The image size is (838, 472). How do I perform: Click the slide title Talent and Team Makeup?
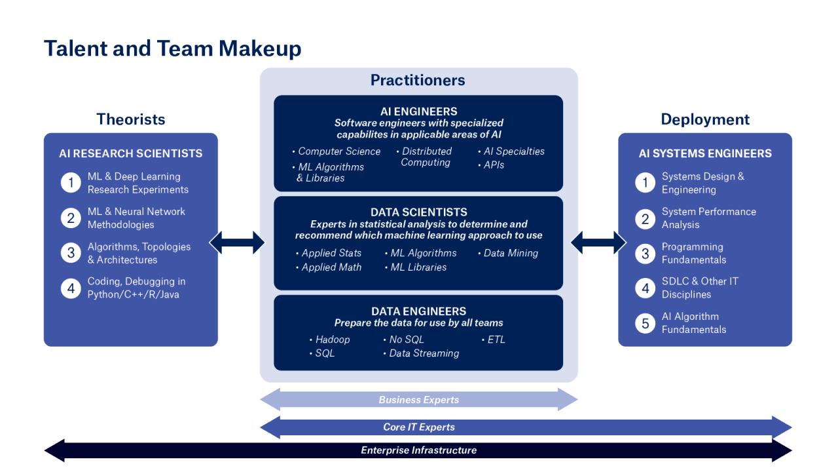click(172, 49)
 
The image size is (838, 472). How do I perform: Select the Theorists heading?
click(131, 119)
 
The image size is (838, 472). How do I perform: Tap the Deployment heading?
click(705, 119)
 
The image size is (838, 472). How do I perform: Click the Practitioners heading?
click(418, 81)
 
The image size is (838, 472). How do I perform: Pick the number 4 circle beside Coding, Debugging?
click(71, 288)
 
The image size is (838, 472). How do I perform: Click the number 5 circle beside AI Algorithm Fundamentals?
click(645, 323)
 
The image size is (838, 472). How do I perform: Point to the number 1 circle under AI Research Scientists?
click(71, 183)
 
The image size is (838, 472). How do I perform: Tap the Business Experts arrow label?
click(419, 400)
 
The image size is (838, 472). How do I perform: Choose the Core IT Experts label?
click(419, 427)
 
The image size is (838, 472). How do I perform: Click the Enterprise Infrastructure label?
click(419, 451)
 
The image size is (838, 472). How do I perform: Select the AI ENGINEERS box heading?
click(419, 111)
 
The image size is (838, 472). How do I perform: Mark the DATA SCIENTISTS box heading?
click(419, 212)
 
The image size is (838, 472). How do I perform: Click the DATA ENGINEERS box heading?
click(419, 311)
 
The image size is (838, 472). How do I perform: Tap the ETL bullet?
click(496, 340)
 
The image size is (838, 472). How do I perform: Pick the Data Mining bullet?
click(511, 253)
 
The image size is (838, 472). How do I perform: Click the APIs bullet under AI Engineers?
click(494, 165)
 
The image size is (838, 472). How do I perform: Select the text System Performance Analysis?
click(708, 218)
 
